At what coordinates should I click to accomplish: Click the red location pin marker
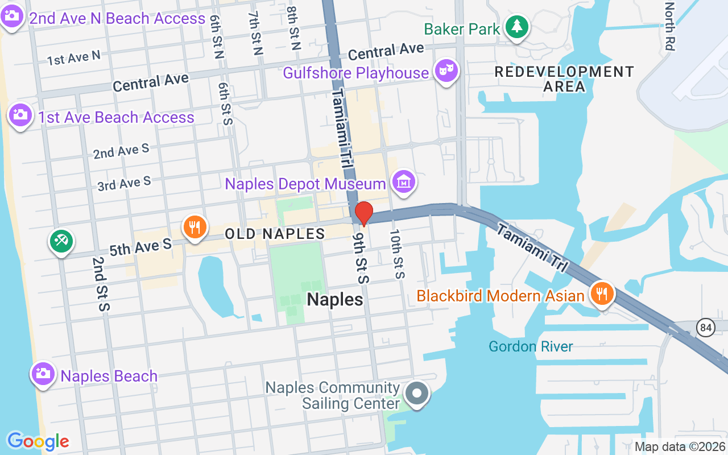click(363, 214)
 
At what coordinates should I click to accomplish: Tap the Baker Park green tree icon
click(516, 26)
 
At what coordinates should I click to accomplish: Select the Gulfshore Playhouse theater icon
click(446, 71)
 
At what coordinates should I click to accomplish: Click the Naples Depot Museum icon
click(404, 182)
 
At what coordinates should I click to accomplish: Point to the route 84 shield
click(706, 328)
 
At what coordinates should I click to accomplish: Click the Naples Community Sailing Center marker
click(417, 393)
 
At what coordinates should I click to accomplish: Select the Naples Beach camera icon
click(42, 374)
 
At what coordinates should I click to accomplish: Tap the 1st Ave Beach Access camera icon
click(20, 115)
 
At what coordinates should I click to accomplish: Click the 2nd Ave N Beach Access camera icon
click(11, 15)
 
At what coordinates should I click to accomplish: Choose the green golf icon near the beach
click(60, 241)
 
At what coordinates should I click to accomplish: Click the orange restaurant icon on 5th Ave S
click(194, 227)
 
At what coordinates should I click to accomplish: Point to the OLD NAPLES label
click(275, 234)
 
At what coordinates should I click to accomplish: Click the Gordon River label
click(531, 346)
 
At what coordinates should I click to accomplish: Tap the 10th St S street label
click(396, 254)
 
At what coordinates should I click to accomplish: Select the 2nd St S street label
click(100, 283)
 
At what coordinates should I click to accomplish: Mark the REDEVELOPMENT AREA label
click(564, 79)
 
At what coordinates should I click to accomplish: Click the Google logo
click(38, 441)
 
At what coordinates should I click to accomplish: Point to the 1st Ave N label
click(74, 57)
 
